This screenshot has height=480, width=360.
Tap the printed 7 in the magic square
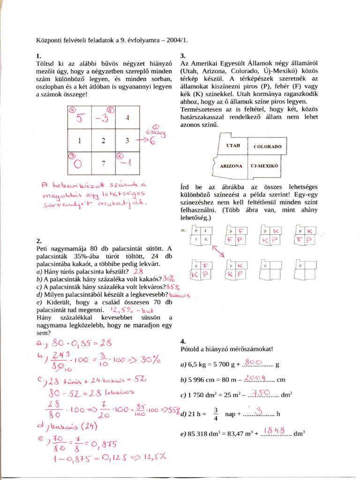(104, 163)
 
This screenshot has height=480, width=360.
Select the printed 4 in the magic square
(127, 117)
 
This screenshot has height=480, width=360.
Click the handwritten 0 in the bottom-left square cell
(79, 164)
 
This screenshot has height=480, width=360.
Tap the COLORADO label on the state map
(268, 146)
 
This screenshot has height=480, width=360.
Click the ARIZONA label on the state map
(231, 166)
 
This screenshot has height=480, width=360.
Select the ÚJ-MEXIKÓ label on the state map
(264, 166)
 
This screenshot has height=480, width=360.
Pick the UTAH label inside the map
(232, 146)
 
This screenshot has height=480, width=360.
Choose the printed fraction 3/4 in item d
(216, 414)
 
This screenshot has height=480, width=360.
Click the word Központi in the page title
(49, 41)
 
